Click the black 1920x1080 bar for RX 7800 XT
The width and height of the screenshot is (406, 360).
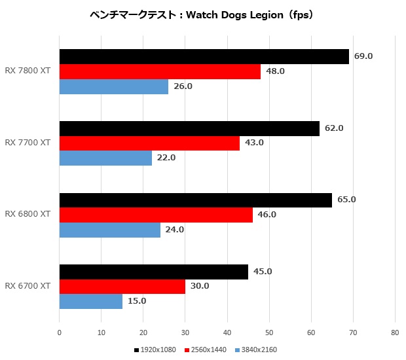coord(204,57)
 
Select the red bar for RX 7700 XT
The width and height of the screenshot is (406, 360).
coord(149,143)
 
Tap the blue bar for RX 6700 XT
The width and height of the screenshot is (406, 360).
coord(91,301)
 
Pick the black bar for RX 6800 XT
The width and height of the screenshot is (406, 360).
coord(195,200)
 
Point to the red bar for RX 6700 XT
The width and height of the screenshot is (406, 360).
coord(122,287)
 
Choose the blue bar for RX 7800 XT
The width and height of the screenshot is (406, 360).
coord(113,86)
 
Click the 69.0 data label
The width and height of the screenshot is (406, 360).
coord(363,56)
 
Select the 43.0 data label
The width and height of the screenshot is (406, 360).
coord(254,143)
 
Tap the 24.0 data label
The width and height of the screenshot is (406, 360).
coord(174,229)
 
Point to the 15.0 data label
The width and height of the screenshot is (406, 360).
coord(136,301)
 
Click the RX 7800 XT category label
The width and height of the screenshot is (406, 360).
coord(28,71)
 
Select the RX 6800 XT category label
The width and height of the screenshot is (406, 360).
coord(28,214)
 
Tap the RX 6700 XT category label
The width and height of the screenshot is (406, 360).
coord(28,286)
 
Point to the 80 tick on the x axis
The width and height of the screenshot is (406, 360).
coord(394,333)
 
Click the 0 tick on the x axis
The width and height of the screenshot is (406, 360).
coord(60,333)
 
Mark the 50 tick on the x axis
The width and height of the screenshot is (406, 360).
coord(269,333)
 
